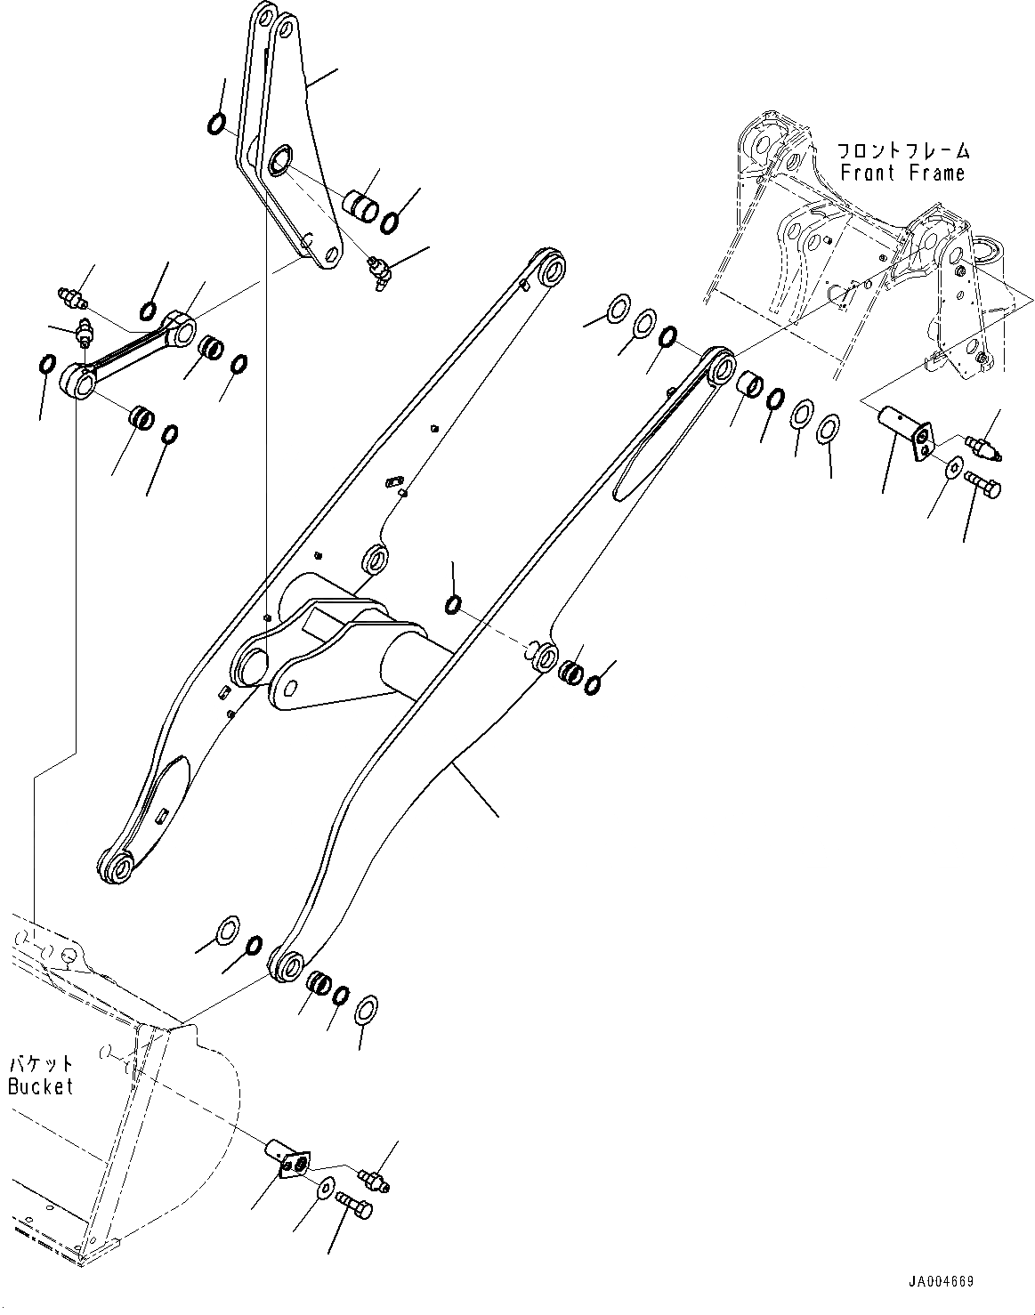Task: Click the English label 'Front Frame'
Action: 902,173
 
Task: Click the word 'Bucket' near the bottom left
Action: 41,1085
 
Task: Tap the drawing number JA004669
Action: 942,1281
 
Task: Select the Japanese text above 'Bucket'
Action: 41,1063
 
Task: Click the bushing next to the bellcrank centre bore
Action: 362,203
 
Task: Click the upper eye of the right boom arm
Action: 722,366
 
